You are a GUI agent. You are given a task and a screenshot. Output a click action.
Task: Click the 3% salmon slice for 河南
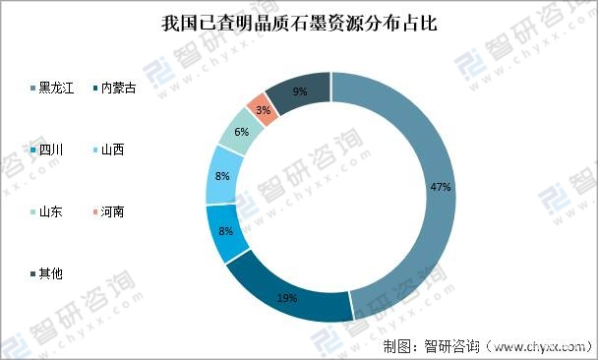pos(260,107)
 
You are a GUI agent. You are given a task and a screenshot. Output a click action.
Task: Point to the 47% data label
pos(441,186)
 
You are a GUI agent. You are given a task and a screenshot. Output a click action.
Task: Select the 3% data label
pos(262,110)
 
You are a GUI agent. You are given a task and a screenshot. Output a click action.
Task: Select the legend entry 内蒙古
pos(119,89)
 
